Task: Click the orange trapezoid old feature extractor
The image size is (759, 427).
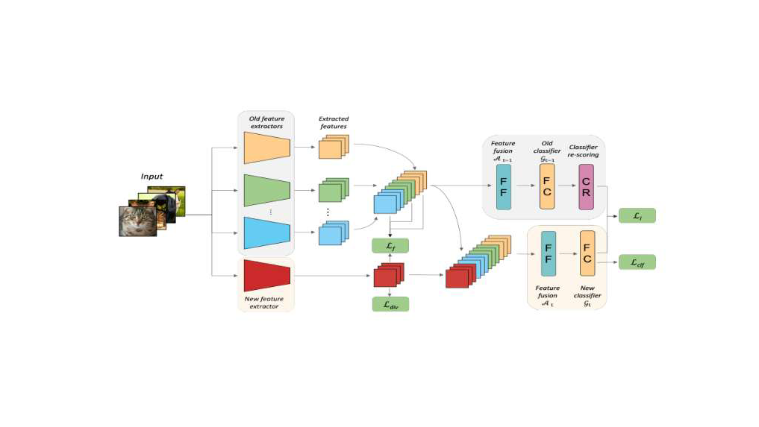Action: pyautogui.click(x=266, y=148)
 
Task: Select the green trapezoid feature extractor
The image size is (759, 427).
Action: pyautogui.click(x=266, y=192)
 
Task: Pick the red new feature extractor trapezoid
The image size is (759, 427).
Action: pyautogui.click(x=266, y=276)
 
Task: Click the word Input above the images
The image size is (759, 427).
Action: pyautogui.click(x=152, y=177)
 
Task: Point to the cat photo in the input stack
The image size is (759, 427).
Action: pyautogui.click(x=138, y=221)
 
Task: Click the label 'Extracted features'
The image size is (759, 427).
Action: pyautogui.click(x=334, y=123)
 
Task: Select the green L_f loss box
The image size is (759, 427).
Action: pyautogui.click(x=390, y=246)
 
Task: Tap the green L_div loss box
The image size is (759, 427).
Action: pyautogui.click(x=390, y=303)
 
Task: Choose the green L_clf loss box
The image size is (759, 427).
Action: pyautogui.click(x=637, y=262)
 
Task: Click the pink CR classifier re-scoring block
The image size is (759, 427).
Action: pyautogui.click(x=586, y=186)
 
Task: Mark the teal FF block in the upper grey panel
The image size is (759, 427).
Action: pyautogui.click(x=504, y=186)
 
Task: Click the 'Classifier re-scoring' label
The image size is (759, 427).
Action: pyautogui.click(x=584, y=151)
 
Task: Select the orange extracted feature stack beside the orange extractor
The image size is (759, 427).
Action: pyautogui.click(x=331, y=147)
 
